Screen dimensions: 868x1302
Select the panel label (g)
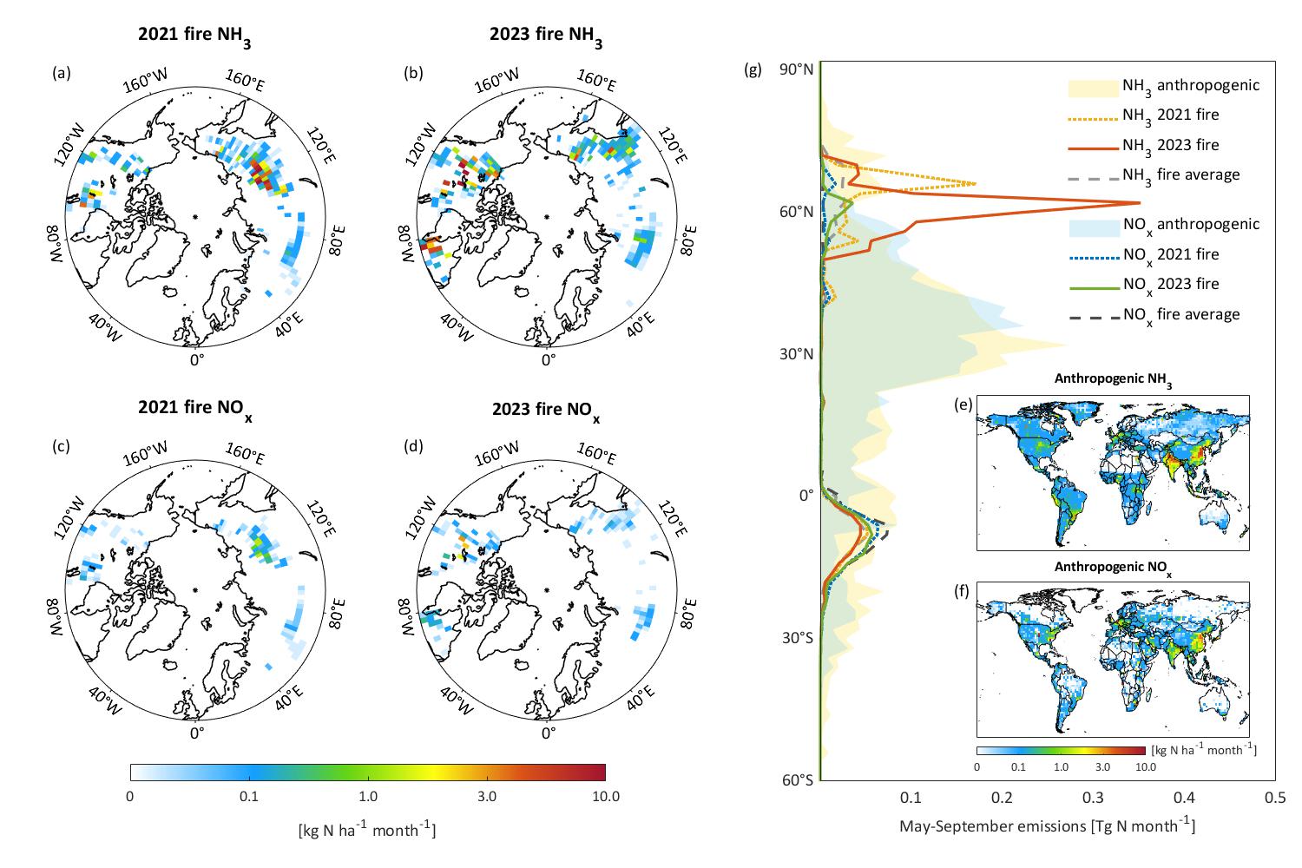753,70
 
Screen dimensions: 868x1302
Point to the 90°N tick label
795,70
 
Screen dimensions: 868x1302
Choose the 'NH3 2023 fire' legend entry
1170,145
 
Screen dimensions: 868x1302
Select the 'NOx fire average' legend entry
1180,314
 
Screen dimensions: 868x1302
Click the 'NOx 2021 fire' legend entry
1170,254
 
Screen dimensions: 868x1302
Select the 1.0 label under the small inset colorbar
1061,767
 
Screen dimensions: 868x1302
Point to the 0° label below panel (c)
197,732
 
